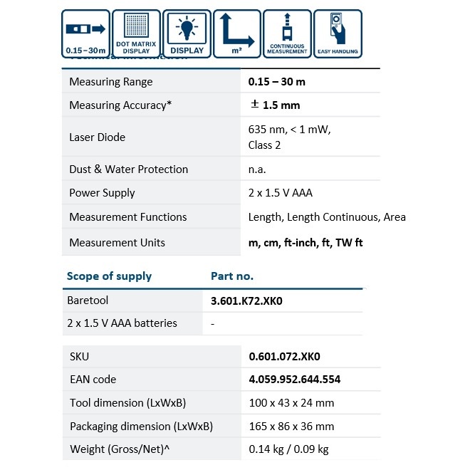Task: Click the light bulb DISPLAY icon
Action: pos(187,33)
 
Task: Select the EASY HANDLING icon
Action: pos(338,33)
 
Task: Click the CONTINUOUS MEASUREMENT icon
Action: pos(287,33)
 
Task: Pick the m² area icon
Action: pos(236,33)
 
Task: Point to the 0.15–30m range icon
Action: pos(85,33)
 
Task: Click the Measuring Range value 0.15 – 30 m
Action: pos(276,82)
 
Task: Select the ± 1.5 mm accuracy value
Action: pos(275,105)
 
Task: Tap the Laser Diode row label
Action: pos(98,137)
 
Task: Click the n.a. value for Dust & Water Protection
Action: pos(257,169)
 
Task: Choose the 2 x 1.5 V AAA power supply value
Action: pos(280,193)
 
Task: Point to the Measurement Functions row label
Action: pos(127,217)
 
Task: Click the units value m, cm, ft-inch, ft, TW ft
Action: pos(305,243)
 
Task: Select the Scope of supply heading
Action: pos(109,276)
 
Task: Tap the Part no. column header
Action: pos(232,276)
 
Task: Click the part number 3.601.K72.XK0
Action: pos(246,301)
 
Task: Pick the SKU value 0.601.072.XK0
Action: pos(283,356)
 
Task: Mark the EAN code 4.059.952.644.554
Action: pos(294,380)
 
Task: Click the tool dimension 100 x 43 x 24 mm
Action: pos(291,403)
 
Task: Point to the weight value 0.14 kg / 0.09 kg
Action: pos(288,449)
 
